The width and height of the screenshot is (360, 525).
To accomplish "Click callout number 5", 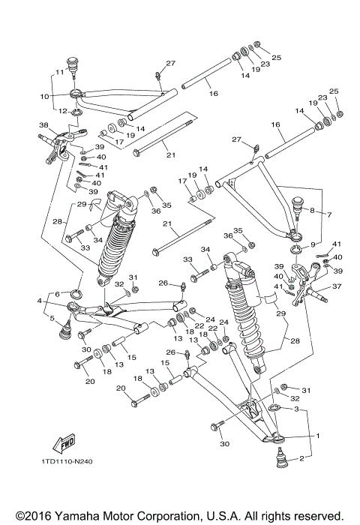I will coord(51,319).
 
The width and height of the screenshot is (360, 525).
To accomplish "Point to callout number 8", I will coord(310,211).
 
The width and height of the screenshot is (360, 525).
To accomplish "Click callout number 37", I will coord(336,286).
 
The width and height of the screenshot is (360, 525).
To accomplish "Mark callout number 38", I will coord(44,124).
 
